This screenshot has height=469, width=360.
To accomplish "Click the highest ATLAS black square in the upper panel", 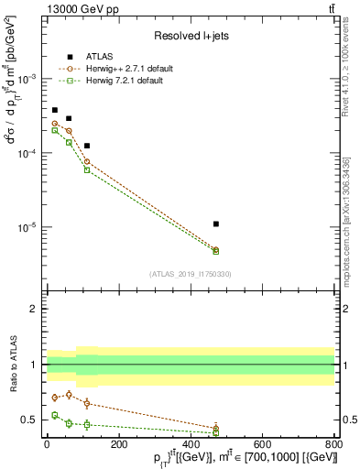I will point(55,110).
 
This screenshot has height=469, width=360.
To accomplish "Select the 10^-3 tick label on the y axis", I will point(27,79).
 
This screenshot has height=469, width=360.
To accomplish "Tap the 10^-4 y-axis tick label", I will point(27,153).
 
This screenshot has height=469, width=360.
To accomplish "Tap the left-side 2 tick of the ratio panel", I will point(33,309).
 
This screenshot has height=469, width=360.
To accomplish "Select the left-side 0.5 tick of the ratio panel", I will point(29,420).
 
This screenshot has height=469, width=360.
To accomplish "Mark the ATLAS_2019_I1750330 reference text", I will point(191,273).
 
